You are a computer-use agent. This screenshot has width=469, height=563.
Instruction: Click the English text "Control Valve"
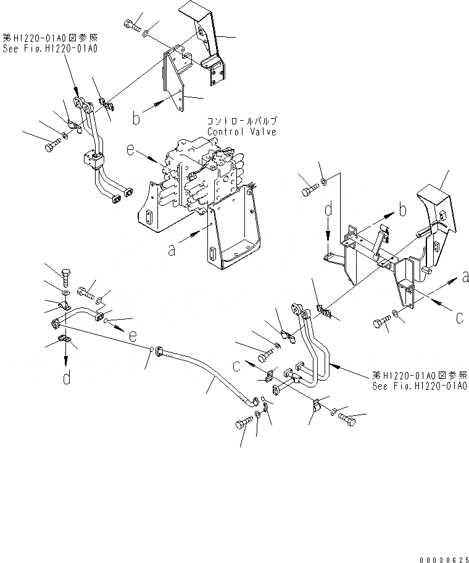coord(242,132)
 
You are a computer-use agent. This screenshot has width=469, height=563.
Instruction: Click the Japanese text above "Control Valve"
coord(242,121)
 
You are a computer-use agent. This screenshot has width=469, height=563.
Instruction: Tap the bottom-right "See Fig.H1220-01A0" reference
coord(420,387)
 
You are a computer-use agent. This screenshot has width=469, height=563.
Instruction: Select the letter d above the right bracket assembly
coord(328,212)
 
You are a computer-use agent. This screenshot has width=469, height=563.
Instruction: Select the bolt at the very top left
coord(131,24)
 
